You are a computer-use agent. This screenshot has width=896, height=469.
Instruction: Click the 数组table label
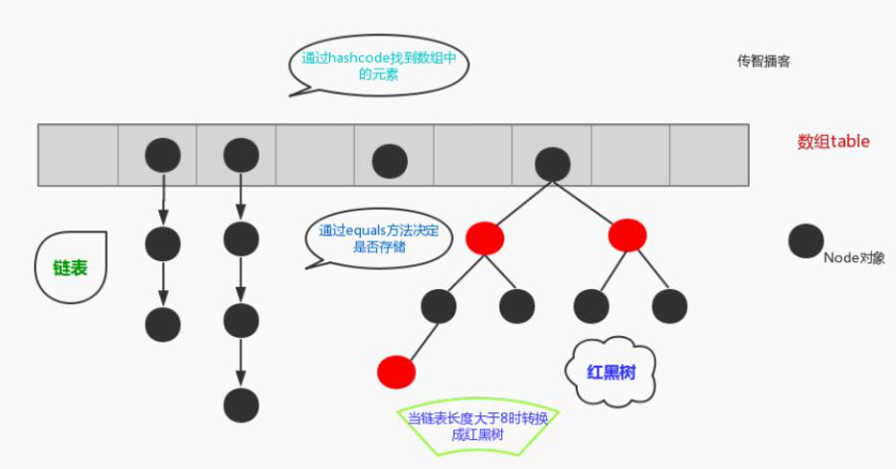(833, 141)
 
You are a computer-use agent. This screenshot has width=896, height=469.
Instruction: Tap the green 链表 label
(71, 268)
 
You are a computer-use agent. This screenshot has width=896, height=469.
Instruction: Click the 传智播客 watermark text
(763, 61)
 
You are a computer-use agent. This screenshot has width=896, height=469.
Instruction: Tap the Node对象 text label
(854, 257)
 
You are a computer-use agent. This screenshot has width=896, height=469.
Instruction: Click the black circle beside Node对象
(806, 241)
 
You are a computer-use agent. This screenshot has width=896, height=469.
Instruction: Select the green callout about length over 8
(484, 427)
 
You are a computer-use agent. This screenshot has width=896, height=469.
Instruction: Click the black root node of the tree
(552, 163)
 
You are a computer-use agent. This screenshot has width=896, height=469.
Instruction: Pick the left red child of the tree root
(484, 237)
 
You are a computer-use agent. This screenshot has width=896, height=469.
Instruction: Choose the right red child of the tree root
(627, 234)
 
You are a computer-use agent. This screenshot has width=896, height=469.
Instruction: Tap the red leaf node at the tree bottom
(396, 371)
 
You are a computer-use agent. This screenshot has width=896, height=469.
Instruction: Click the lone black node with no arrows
(389, 161)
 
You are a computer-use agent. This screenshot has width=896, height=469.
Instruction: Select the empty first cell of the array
(78, 155)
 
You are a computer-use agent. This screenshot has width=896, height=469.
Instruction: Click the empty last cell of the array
(708, 155)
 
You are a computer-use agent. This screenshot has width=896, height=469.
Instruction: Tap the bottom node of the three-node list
(163, 324)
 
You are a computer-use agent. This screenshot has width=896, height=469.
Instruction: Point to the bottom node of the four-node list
(241, 405)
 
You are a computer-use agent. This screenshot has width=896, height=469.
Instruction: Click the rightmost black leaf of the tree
(669, 305)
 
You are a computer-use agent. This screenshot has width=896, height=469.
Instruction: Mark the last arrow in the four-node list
(241, 363)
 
